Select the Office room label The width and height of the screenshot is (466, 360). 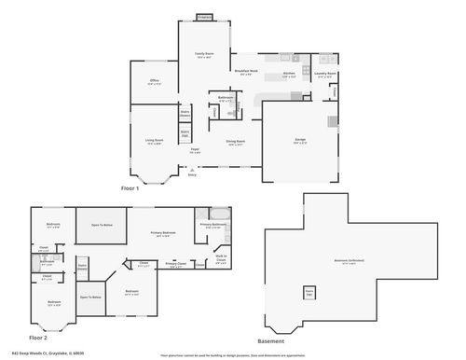(155, 81)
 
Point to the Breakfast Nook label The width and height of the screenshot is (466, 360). (247, 71)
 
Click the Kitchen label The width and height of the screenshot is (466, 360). (289, 74)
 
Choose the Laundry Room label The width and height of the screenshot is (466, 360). (325, 74)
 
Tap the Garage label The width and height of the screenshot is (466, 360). (300, 140)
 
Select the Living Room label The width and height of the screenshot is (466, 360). (153, 141)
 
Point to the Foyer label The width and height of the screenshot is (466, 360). (195, 149)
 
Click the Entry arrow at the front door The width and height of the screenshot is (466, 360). (192, 172)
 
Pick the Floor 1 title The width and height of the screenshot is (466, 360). (130, 188)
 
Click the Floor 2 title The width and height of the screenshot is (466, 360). (38, 337)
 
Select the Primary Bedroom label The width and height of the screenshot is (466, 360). (163, 234)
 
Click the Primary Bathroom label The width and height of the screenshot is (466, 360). (212, 225)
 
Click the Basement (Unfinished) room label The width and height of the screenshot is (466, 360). (349, 261)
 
